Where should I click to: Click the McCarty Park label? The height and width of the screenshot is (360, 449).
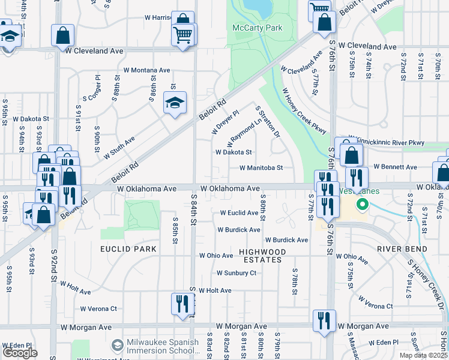click(258, 28)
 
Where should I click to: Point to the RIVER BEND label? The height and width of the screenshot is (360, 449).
click(402, 249)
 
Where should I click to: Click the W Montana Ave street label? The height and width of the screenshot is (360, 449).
click(147, 70)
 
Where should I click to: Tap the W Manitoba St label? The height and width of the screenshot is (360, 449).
click(261, 168)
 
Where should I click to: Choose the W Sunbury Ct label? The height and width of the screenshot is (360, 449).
click(236, 273)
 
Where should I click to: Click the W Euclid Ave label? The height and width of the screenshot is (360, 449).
click(239, 213)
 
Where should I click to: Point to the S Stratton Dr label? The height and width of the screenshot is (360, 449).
click(268, 122)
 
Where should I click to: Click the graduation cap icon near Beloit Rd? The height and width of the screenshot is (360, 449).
click(175, 103)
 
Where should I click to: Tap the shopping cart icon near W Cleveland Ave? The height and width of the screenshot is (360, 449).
click(184, 34)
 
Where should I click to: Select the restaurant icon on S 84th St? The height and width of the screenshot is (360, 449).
click(182, 304)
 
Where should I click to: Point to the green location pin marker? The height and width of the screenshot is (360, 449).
click(362, 205)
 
